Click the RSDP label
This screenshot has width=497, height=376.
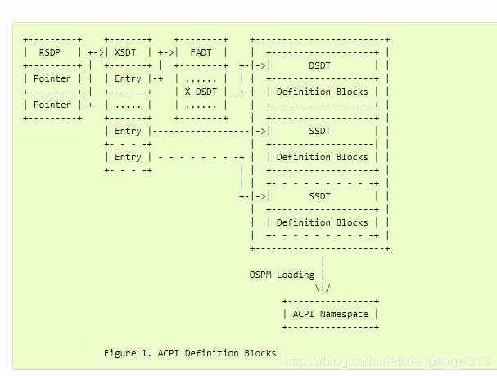(x=52, y=52)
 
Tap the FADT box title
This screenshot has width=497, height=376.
(x=201, y=52)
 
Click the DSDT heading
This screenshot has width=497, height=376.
(x=321, y=65)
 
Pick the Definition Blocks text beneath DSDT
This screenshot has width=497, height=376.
(x=322, y=92)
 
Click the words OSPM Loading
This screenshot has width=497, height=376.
(x=281, y=275)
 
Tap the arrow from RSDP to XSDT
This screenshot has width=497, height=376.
(x=97, y=52)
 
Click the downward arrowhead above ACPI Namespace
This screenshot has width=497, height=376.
(x=323, y=288)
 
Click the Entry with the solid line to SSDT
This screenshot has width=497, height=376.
(x=128, y=131)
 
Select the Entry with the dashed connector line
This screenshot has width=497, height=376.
(x=128, y=157)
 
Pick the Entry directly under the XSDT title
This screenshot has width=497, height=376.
(x=128, y=78)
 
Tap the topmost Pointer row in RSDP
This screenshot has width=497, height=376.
(x=52, y=78)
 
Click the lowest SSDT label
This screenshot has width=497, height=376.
(x=321, y=196)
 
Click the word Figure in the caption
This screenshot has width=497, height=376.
(x=120, y=353)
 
